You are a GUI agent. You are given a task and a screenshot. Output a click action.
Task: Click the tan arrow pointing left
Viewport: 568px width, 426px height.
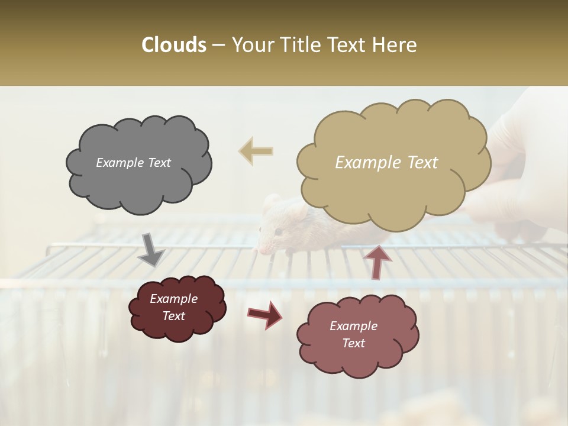pyautogui.click(x=256, y=151)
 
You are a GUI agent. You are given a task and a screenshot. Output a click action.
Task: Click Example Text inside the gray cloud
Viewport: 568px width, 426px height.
pyautogui.click(x=133, y=163)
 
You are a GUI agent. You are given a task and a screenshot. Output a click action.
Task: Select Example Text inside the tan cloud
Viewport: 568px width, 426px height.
pyautogui.click(x=386, y=163)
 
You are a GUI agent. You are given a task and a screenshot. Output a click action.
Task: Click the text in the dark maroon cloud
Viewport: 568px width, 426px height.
pyautogui.click(x=173, y=308)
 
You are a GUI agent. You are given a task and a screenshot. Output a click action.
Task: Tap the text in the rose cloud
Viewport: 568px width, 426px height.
pyautogui.click(x=353, y=334)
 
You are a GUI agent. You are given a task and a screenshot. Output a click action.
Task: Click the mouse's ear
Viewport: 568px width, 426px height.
pyautogui.click(x=272, y=203)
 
